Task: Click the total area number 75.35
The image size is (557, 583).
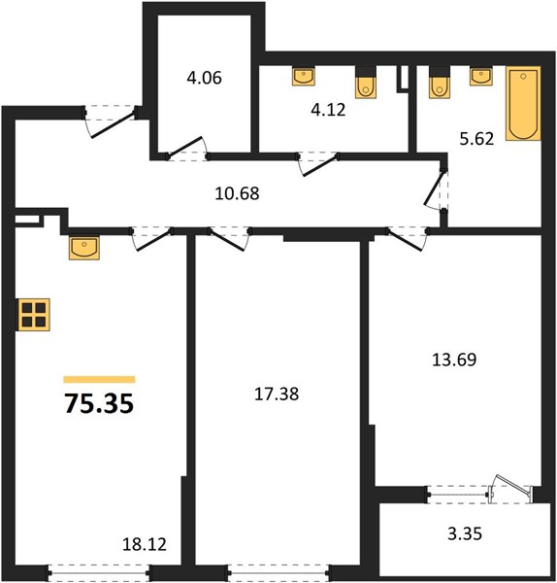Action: (99, 404)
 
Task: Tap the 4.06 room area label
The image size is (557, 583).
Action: (204, 78)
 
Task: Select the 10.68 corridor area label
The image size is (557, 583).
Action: (237, 193)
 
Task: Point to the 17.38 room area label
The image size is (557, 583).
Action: (277, 394)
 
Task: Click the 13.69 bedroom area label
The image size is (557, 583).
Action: (454, 360)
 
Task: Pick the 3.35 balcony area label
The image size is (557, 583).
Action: (465, 533)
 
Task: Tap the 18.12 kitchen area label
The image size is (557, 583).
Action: (145, 545)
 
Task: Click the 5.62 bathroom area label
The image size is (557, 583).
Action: (476, 139)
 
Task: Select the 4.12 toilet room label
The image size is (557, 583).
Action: (328, 110)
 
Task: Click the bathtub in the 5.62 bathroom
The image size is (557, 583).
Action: (523, 103)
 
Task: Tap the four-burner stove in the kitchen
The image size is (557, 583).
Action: (34, 315)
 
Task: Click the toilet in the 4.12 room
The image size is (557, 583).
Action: (366, 83)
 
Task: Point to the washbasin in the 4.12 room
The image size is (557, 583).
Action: (304, 77)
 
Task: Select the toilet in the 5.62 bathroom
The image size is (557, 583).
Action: (440, 83)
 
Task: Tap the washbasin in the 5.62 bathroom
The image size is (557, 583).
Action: (481, 77)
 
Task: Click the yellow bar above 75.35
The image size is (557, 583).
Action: (99, 379)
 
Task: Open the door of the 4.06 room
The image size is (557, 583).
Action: (185, 146)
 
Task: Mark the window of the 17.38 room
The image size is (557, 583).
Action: (278, 572)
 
